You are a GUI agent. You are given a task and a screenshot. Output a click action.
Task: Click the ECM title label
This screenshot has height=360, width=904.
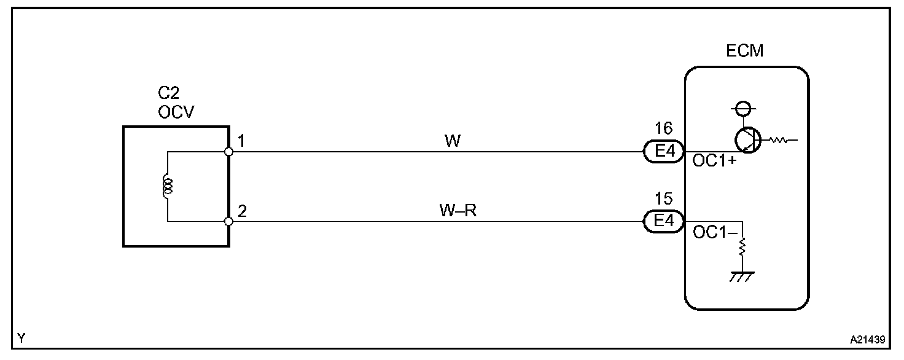[744, 51]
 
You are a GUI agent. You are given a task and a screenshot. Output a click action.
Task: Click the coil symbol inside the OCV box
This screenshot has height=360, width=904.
[167, 186]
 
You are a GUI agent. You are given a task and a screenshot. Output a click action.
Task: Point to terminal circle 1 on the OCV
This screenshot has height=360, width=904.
[228, 151]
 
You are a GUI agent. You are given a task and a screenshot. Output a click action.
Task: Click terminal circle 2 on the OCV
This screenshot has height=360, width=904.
[228, 221]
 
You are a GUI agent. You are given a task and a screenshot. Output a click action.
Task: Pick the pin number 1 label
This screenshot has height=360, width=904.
[241, 141]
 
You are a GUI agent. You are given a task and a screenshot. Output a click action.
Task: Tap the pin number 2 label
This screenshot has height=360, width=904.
[242, 211]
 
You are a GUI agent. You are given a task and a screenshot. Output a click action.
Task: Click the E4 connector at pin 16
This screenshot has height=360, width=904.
[663, 151]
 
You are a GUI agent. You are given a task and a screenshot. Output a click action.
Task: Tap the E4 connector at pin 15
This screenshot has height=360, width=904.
[663, 221]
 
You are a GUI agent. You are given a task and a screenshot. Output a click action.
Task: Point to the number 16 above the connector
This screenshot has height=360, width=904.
[663, 129]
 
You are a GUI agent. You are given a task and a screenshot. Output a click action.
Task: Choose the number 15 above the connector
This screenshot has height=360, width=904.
[663, 199]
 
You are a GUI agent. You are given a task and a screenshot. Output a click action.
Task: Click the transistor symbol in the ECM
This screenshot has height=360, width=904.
[747, 139]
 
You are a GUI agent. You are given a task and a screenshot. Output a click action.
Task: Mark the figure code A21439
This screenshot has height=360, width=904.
[867, 338]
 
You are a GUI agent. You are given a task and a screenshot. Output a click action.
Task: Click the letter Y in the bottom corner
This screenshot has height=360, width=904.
[21, 337]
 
